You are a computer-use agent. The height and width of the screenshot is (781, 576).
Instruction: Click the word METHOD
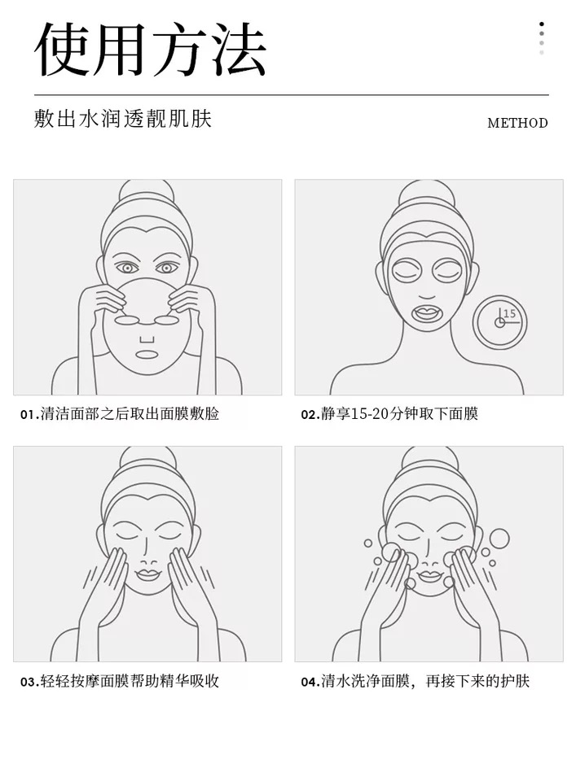click(x=517, y=123)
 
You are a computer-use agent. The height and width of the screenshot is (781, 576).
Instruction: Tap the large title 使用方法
click(x=150, y=50)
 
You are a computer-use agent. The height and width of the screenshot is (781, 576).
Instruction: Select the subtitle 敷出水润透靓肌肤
click(x=123, y=119)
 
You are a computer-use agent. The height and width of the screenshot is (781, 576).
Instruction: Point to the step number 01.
click(x=29, y=414)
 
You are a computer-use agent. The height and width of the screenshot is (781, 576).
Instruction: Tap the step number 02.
click(x=310, y=414)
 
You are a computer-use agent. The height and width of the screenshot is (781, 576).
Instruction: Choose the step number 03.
click(x=29, y=682)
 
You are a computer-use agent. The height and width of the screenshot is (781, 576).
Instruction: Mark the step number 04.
click(x=310, y=682)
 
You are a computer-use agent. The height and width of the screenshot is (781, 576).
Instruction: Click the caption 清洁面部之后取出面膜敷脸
click(x=130, y=414)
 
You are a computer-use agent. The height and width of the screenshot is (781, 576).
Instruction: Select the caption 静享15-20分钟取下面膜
click(x=399, y=414)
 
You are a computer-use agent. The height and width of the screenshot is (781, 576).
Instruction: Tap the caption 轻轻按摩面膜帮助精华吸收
click(x=130, y=682)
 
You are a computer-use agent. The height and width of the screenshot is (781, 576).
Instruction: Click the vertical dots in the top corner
click(x=542, y=38)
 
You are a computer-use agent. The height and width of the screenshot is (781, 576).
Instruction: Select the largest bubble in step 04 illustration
click(x=499, y=539)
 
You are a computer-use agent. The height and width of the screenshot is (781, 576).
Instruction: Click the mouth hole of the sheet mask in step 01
click(x=147, y=355)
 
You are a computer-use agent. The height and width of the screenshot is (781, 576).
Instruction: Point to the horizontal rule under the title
click(x=292, y=94)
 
